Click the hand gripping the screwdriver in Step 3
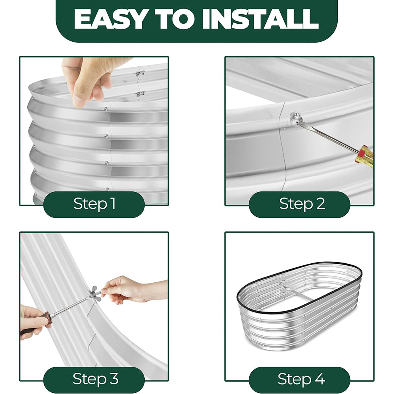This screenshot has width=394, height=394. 34,320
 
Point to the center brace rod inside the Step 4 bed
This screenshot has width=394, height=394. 298,294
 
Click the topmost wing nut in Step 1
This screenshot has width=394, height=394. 140,74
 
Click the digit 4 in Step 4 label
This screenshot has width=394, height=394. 319,379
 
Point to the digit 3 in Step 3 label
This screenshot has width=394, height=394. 113,379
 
